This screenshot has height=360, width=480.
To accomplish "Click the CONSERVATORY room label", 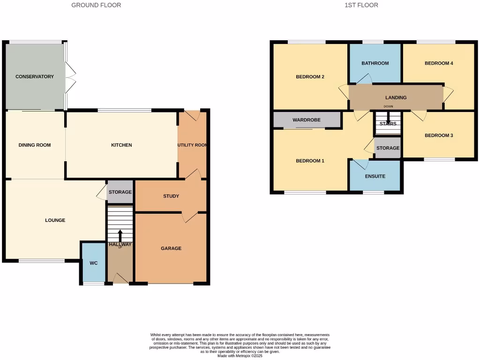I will [35, 76].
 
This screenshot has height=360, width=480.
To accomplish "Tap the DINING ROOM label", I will [35, 145].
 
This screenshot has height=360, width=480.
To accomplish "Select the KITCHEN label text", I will [121, 145].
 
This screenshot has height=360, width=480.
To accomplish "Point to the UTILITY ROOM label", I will [192, 145].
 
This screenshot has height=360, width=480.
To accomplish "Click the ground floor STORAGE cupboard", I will [120, 192].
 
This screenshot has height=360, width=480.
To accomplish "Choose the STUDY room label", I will [171, 196].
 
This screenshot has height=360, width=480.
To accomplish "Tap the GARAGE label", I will [171, 248].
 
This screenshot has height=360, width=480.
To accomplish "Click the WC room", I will [94, 263].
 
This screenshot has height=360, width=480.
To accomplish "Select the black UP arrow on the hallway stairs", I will [120, 235].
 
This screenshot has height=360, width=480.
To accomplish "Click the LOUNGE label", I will [55, 220].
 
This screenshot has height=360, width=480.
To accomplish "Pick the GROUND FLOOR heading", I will [96, 5].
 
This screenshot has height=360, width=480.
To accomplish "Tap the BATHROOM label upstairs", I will [375, 63].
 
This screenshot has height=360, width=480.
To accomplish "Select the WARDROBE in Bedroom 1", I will [307, 120].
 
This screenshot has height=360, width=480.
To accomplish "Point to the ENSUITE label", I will [375, 176].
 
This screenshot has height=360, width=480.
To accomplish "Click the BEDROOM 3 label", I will [439, 135].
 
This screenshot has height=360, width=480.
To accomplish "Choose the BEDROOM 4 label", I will [439, 63].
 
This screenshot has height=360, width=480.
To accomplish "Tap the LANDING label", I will [396, 97].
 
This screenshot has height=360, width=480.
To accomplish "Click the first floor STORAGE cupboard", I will [388, 148].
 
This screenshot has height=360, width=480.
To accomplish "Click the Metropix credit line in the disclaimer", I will [240, 356].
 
